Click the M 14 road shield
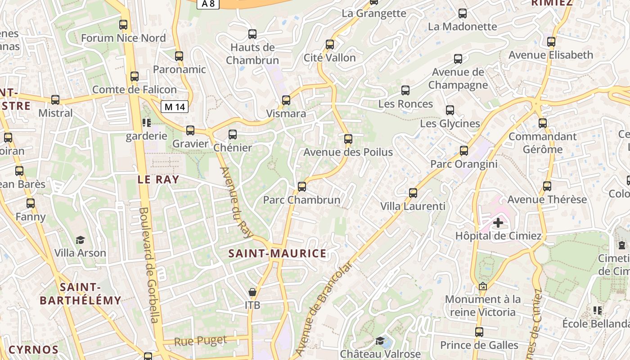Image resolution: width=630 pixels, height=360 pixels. click(x=175, y=107)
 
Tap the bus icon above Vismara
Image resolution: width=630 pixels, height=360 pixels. click(x=286, y=100)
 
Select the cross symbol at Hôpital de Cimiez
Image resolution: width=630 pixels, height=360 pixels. click(x=498, y=222)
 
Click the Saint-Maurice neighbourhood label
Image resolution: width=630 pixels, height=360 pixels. click(x=277, y=253)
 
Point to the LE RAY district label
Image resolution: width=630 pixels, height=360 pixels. click(x=158, y=180)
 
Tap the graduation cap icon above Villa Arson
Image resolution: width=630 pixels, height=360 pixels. click(x=80, y=240)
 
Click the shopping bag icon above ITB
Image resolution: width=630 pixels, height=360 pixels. click(x=252, y=292)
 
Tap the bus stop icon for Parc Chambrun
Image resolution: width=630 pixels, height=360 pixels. click(x=302, y=186)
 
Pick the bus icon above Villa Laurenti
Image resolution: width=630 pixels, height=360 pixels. click(x=413, y=193)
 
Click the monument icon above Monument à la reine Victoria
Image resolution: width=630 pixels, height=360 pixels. click(x=483, y=286)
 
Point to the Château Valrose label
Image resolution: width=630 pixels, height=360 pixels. click(x=380, y=354)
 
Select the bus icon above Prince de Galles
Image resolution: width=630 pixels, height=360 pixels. click(x=479, y=332)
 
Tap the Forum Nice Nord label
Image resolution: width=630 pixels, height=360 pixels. click(x=123, y=38)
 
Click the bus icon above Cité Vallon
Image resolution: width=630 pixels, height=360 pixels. click(x=330, y=45)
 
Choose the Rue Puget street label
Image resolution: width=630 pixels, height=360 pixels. click(x=200, y=341)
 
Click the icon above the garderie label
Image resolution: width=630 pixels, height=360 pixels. click(x=146, y=122)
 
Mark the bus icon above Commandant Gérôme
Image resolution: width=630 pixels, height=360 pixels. click(x=543, y=123)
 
